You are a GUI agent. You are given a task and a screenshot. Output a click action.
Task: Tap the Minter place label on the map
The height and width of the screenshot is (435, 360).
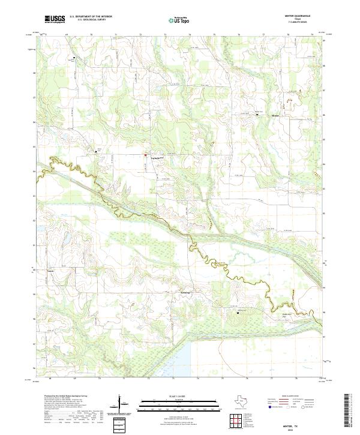[x=275, y=115]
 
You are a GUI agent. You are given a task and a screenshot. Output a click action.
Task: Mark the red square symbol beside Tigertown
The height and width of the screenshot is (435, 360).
[x=145, y=155]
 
